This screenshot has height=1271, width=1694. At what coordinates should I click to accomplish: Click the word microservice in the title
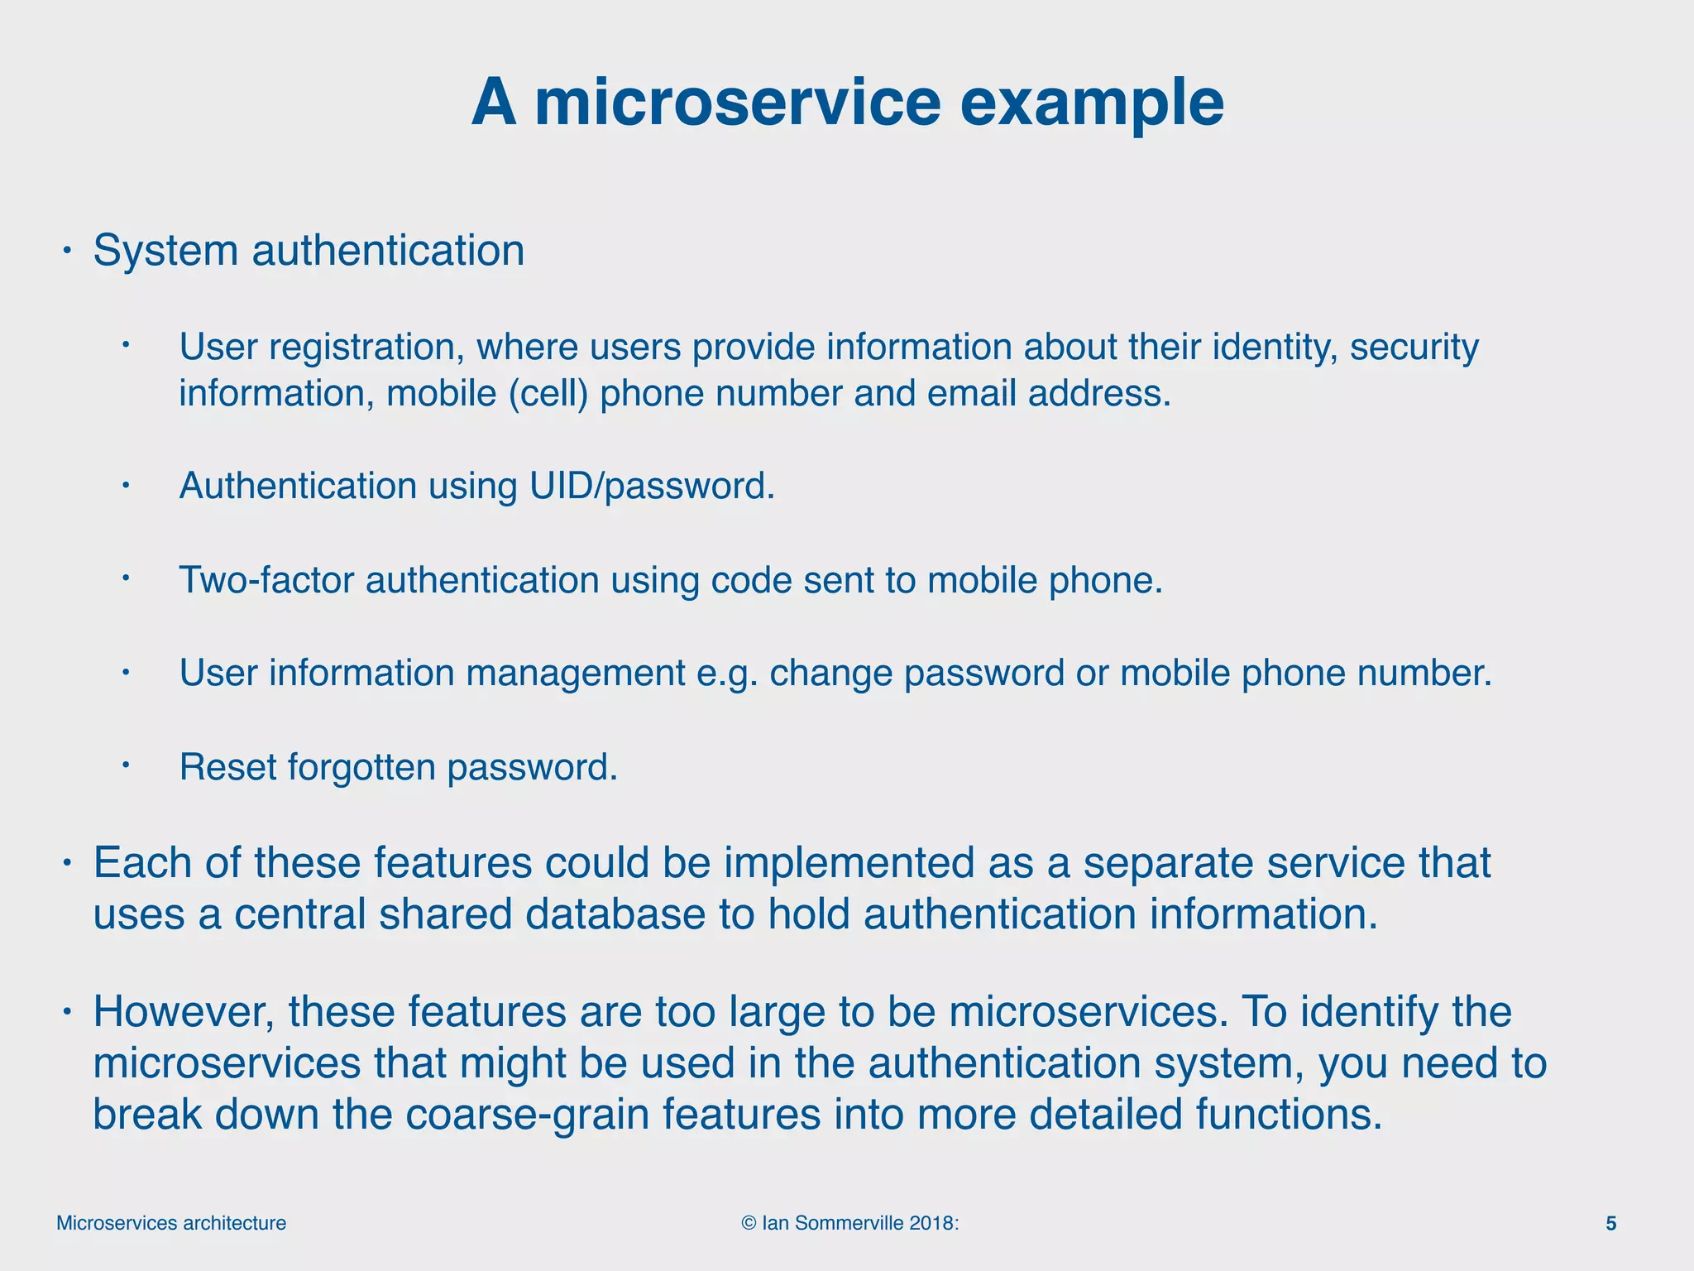[x=738, y=103]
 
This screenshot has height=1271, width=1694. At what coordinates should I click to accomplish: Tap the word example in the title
[x=1091, y=103]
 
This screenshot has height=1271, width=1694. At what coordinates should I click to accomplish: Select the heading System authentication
[x=309, y=250]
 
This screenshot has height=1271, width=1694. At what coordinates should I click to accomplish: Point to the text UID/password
[x=652, y=486]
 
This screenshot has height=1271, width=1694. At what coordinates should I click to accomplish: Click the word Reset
[x=227, y=767]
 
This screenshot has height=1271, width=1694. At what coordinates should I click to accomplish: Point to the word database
[x=615, y=914]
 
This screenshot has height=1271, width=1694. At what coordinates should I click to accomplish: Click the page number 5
[x=1610, y=1223]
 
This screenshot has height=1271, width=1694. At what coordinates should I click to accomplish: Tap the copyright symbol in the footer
[x=749, y=1223]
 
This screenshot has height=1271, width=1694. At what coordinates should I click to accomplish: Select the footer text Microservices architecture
[x=171, y=1223]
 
